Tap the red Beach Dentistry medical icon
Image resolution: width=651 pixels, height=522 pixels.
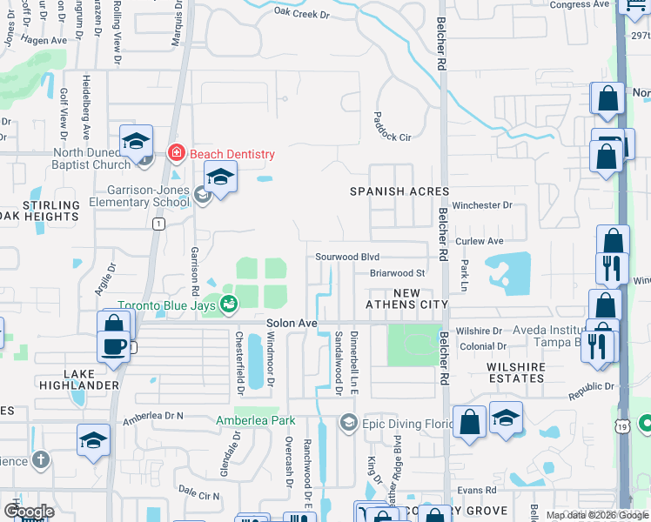point(177,154)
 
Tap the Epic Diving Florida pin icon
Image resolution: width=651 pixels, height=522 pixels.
point(349,423)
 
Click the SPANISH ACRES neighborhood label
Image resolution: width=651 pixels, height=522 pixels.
point(399,191)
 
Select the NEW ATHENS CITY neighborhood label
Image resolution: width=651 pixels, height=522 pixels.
point(406,299)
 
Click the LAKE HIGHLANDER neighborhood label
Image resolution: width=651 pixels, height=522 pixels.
point(79,378)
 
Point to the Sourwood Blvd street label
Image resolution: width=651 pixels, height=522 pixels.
point(347,258)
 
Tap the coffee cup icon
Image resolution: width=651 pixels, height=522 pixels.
point(114,346)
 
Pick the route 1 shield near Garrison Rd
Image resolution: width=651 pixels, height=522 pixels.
point(158,224)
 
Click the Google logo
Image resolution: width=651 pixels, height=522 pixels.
point(29,512)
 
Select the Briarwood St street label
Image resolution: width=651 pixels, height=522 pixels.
point(396,272)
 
